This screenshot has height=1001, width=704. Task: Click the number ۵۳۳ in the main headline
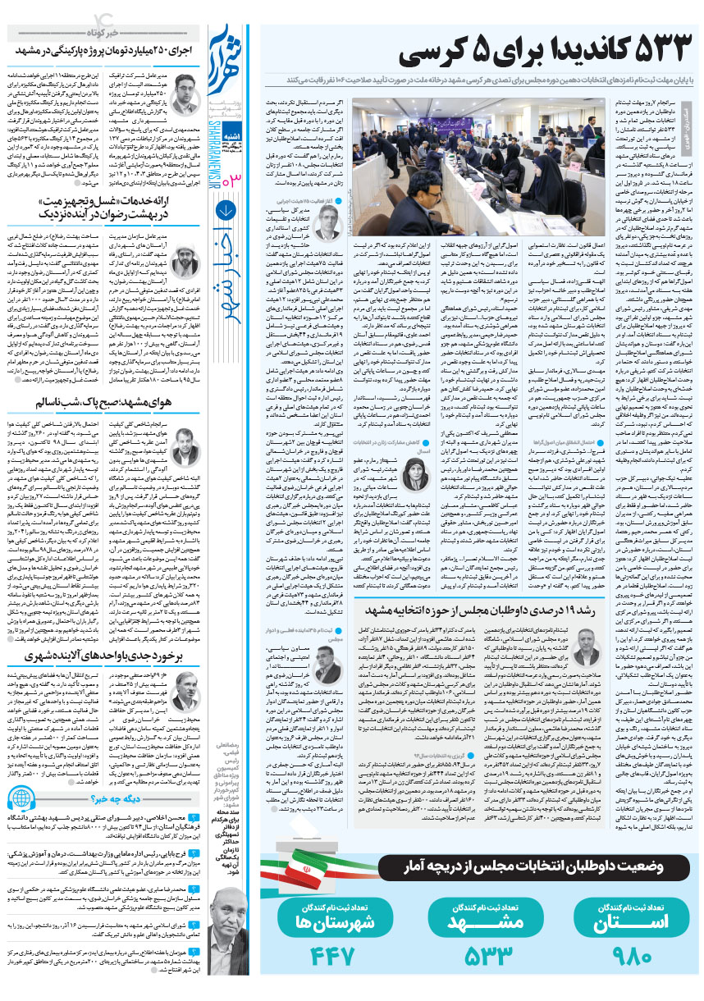tap(638, 51)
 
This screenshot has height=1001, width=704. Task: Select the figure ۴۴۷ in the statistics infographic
tap(331, 955)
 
